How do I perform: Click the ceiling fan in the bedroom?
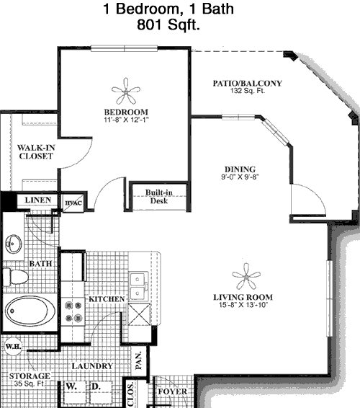tap(126, 91)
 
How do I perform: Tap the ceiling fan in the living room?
tap(246, 276)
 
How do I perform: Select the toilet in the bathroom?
tap(15, 277)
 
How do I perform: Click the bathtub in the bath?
tap(30, 311)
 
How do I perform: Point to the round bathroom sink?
tap(14, 244)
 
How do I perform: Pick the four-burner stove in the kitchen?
tap(73, 311)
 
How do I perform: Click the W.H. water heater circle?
tap(13, 346)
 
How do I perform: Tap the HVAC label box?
tap(73, 203)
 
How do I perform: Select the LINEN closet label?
tap(38, 200)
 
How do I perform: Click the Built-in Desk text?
tap(159, 197)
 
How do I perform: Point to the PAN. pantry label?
tap(138, 360)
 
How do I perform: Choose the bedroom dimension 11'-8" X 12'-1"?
tap(126, 120)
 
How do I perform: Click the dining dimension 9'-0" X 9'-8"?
tap(240, 177)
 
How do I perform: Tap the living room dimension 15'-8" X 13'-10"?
tap(243, 305)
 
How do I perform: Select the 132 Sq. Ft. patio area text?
tap(248, 91)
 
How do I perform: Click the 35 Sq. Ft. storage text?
tap(30, 383)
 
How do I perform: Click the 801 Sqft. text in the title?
tap(168, 25)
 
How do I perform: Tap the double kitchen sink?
tap(139, 286)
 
